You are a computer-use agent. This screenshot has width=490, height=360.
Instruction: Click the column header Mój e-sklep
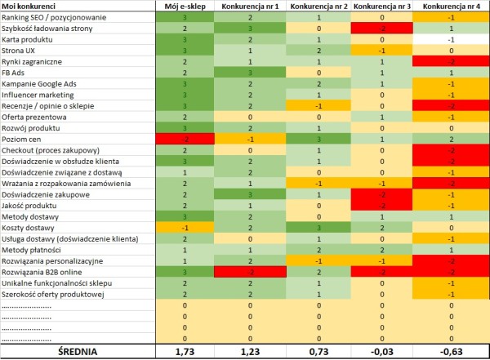[x=185, y=7]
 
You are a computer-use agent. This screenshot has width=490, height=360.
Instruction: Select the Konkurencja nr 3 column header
[x=380, y=7]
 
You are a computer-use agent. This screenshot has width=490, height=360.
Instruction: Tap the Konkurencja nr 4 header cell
[x=450, y=7]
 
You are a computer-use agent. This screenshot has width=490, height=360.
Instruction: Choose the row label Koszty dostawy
[x=29, y=227]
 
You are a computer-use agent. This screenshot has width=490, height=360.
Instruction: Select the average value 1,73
[x=185, y=351]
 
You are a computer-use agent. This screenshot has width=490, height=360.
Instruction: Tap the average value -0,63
[x=450, y=351]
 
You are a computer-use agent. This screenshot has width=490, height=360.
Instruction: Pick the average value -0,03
[x=380, y=351]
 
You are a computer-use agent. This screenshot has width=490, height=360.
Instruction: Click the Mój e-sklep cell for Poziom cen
[x=185, y=139]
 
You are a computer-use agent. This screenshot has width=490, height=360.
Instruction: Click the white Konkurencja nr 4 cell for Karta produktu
[x=450, y=39]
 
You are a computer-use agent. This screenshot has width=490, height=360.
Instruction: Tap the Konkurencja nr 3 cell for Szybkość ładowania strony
[x=380, y=28]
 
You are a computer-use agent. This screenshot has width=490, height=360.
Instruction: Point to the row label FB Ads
[x=16, y=73]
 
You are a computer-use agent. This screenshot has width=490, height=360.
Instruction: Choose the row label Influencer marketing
[x=38, y=95]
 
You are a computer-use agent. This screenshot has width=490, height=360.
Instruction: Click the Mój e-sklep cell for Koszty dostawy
[x=185, y=227]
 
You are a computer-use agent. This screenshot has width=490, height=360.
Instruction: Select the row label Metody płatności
[x=31, y=249]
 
